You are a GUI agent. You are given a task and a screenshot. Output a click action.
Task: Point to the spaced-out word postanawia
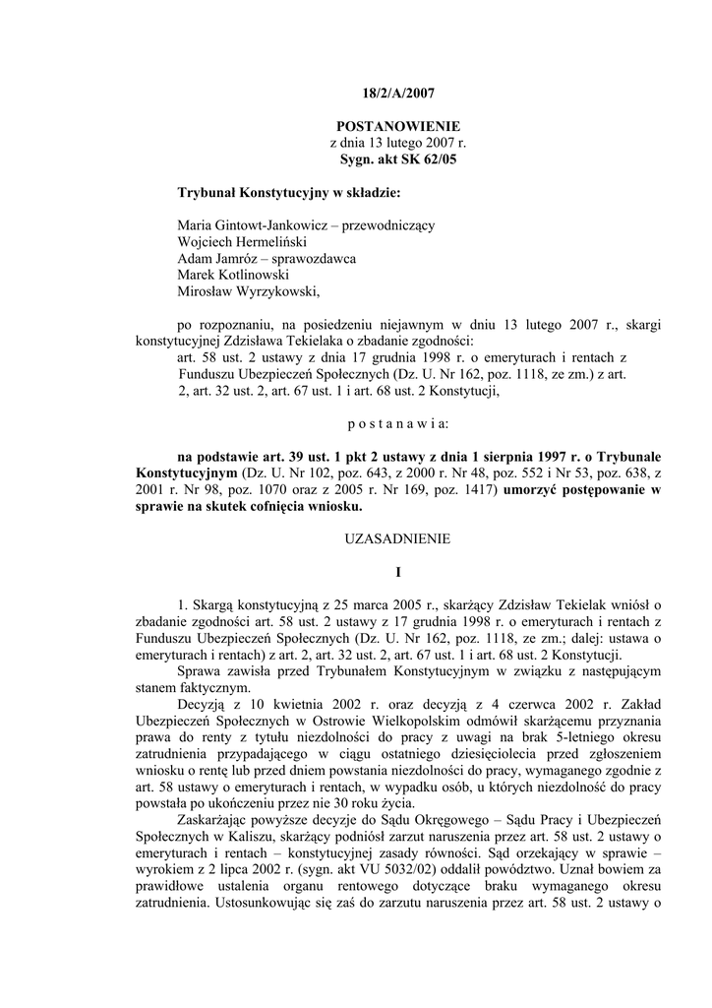click(397, 424)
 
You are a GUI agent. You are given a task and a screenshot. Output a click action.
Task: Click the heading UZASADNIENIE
click(397, 538)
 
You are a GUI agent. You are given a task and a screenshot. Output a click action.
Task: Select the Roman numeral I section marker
click(397, 571)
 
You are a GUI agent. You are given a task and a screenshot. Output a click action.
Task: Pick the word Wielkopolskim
click(371, 723)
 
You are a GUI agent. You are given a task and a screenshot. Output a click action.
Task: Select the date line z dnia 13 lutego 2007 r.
click(397, 143)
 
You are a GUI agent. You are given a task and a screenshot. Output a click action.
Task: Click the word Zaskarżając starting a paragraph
click(218, 789)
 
